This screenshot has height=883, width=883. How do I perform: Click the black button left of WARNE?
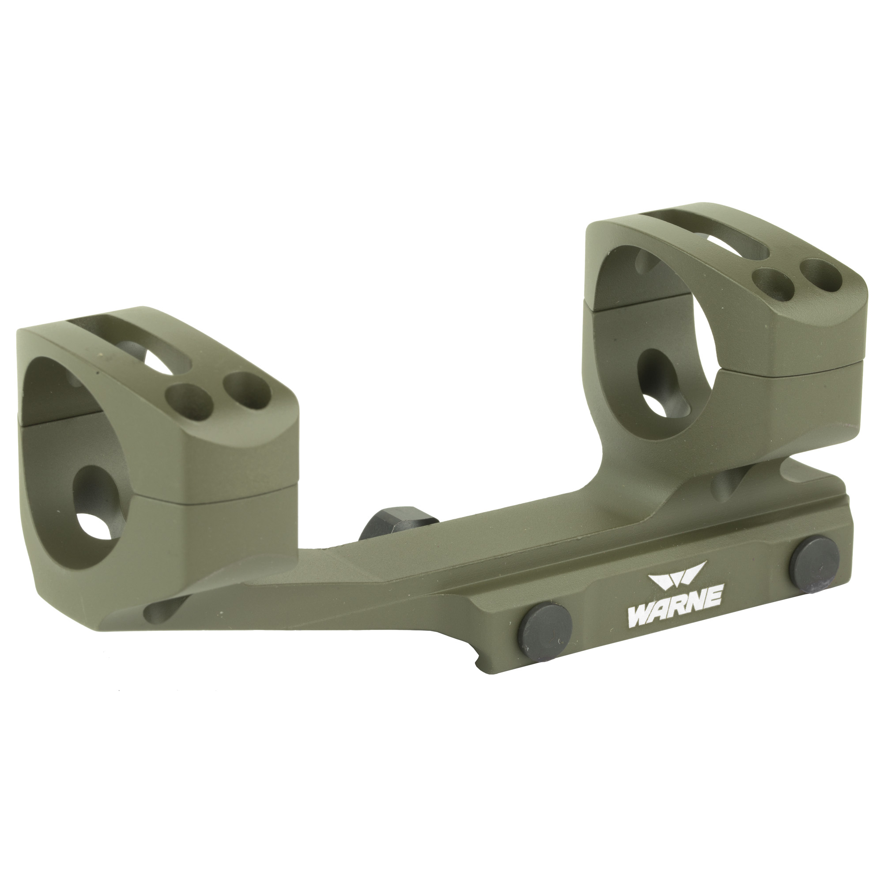[x=547, y=628]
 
